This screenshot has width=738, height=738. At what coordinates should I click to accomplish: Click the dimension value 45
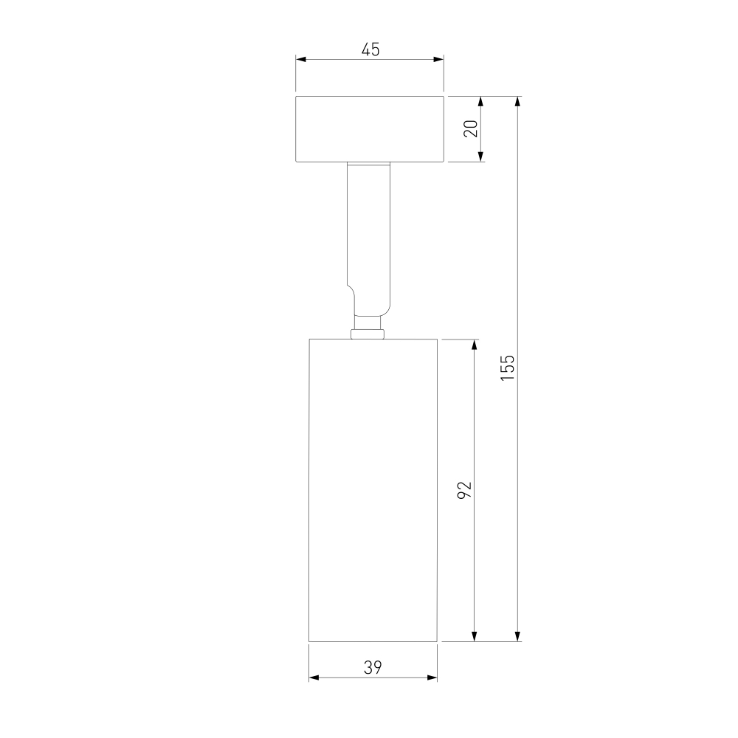(x=370, y=49)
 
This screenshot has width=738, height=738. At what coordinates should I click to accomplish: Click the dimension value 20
(x=471, y=128)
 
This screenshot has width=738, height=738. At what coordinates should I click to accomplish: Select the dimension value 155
(x=508, y=368)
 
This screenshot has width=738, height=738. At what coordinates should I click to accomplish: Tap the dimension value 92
(x=464, y=490)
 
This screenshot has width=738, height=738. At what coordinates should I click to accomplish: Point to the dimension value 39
(x=372, y=667)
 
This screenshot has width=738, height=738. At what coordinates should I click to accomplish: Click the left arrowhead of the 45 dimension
(x=301, y=59)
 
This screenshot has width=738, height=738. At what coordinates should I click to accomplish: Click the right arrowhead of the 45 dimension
(x=438, y=59)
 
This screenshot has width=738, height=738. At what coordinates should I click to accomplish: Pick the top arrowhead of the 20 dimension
(x=480, y=102)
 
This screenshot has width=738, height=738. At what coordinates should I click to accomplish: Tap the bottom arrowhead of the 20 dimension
(x=480, y=156)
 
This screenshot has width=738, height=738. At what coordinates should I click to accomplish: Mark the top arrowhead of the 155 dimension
(x=518, y=102)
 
